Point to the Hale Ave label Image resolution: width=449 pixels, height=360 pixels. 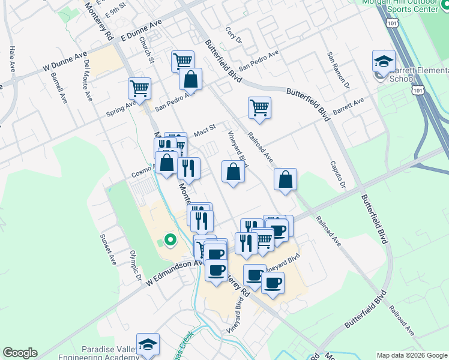tap(11, 58)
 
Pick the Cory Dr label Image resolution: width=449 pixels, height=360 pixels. tap(233, 35)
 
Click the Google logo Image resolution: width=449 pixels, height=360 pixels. tap(20, 353)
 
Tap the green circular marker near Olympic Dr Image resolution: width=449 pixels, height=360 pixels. tap(170, 241)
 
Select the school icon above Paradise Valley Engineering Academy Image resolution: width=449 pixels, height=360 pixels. tap(148, 344)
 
